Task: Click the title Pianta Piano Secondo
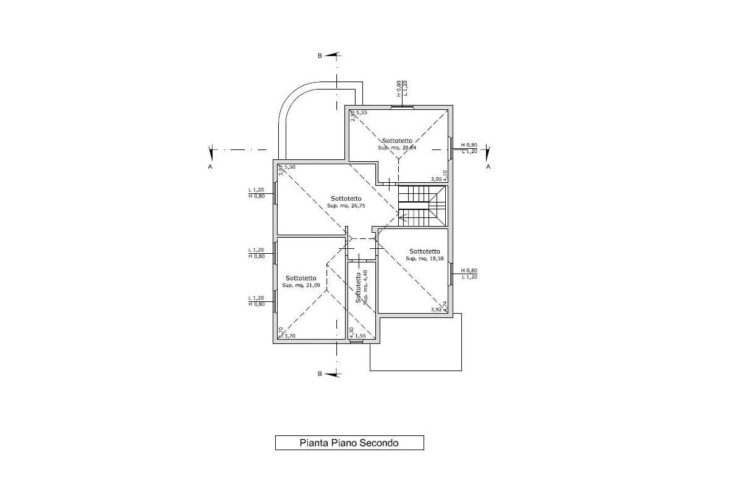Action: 349,443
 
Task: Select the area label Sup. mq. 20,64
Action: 397,148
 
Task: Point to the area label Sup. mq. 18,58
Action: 425,259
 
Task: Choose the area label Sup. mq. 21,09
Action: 301,285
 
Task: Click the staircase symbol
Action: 422,206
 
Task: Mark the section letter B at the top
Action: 320,56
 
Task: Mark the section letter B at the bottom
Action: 320,374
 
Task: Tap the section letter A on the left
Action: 211,167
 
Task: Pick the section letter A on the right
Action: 488,167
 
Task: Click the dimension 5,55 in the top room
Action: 362,112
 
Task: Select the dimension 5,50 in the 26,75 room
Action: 290,167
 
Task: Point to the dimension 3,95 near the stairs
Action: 437,179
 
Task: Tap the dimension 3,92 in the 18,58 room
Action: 436,310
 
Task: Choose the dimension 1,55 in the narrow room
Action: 360,337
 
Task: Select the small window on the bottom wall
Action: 355,341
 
